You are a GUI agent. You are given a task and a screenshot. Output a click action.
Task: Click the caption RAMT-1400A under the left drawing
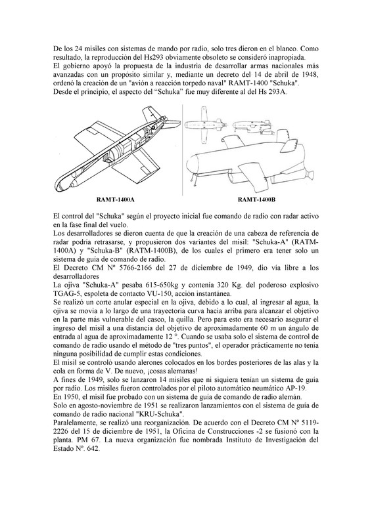(x=116, y=200)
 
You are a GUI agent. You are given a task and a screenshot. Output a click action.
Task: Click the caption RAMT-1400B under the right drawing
(x=256, y=200)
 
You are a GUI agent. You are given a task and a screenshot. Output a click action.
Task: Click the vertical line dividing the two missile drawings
(x=183, y=150)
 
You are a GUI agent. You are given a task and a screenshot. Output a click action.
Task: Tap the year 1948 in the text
(x=312, y=74)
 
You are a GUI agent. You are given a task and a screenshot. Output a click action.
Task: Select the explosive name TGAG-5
(x=64, y=294)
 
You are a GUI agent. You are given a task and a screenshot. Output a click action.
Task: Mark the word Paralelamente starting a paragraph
(x=72, y=423)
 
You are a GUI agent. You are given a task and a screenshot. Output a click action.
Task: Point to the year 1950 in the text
(x=68, y=397)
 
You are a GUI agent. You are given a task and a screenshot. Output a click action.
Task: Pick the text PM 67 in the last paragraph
(x=81, y=440)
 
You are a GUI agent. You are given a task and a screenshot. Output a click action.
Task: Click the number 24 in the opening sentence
(x=78, y=49)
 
